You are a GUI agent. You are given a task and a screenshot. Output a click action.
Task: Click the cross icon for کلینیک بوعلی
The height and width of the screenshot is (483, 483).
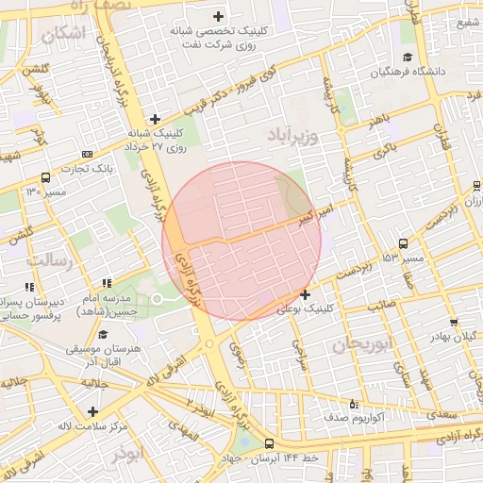pos(305,295)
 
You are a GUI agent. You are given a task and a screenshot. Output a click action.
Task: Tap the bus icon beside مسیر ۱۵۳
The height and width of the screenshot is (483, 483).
pos(405,243)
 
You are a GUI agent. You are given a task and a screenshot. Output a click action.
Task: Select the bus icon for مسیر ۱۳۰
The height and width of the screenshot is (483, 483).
pos(46,177)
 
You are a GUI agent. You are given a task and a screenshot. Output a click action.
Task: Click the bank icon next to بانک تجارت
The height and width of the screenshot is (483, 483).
pos(88,154)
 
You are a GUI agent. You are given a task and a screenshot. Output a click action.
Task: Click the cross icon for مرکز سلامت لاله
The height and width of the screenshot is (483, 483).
pos(92,411)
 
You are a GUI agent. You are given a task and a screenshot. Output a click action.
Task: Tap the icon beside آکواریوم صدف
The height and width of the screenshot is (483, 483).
pos(354,404)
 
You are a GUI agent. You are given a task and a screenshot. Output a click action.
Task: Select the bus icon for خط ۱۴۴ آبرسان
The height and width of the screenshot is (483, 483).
pos(271,444)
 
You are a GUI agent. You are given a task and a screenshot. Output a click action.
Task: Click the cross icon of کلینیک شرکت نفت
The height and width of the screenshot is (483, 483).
pos(219,16)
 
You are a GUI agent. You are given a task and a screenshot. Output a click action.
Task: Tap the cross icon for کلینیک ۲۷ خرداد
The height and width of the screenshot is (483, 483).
pos(156,119)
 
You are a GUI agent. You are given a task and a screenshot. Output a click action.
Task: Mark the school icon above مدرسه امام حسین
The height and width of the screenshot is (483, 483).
pos(107,282)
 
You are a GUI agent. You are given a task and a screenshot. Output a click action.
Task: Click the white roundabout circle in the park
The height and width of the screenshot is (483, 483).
pos(158,299)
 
